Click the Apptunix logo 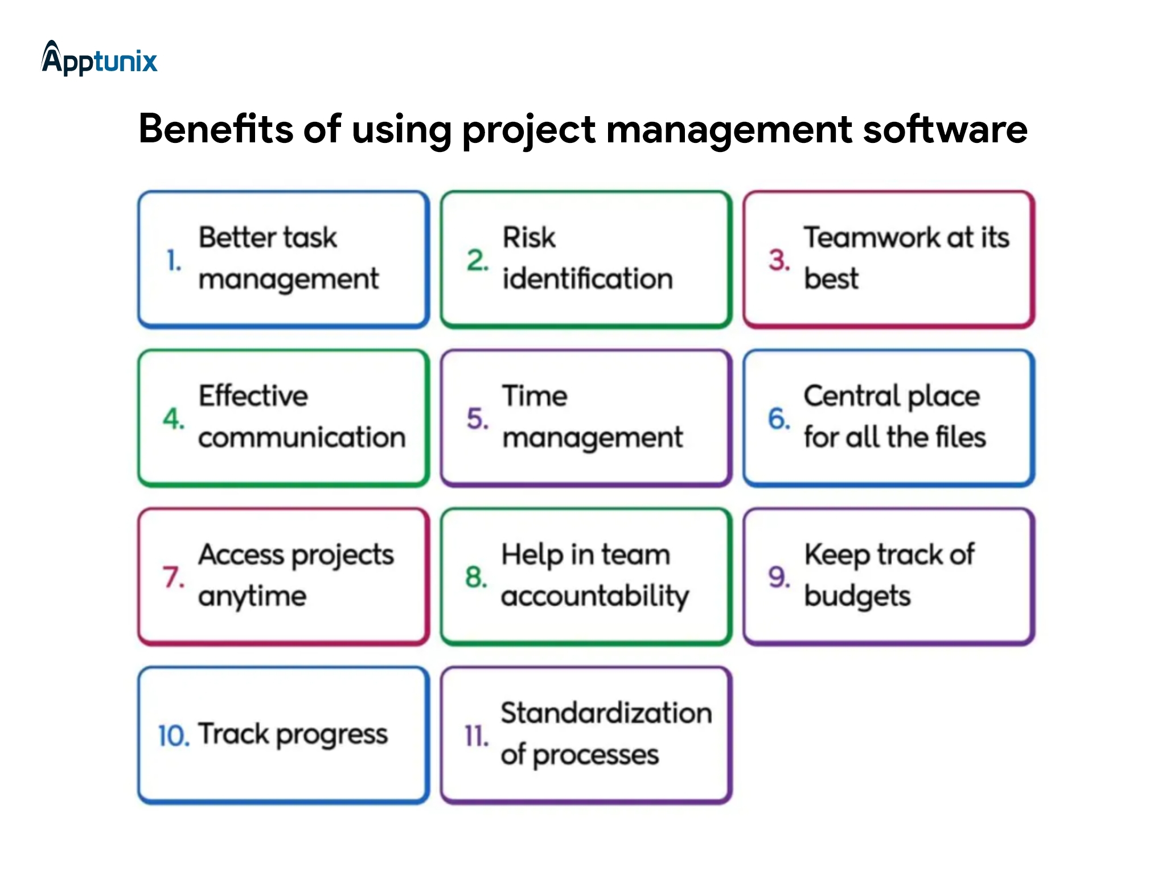tap(99, 59)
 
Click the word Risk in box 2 tap(528, 237)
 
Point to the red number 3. tap(779, 260)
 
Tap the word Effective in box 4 tap(253, 396)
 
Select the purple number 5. tap(477, 418)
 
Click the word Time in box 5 tap(534, 396)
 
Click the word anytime tap(252, 597)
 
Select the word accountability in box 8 tap(594, 597)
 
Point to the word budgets tap(857, 597)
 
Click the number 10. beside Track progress tap(173, 736)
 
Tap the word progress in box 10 tap(331, 736)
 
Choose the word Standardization tap(606, 713)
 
